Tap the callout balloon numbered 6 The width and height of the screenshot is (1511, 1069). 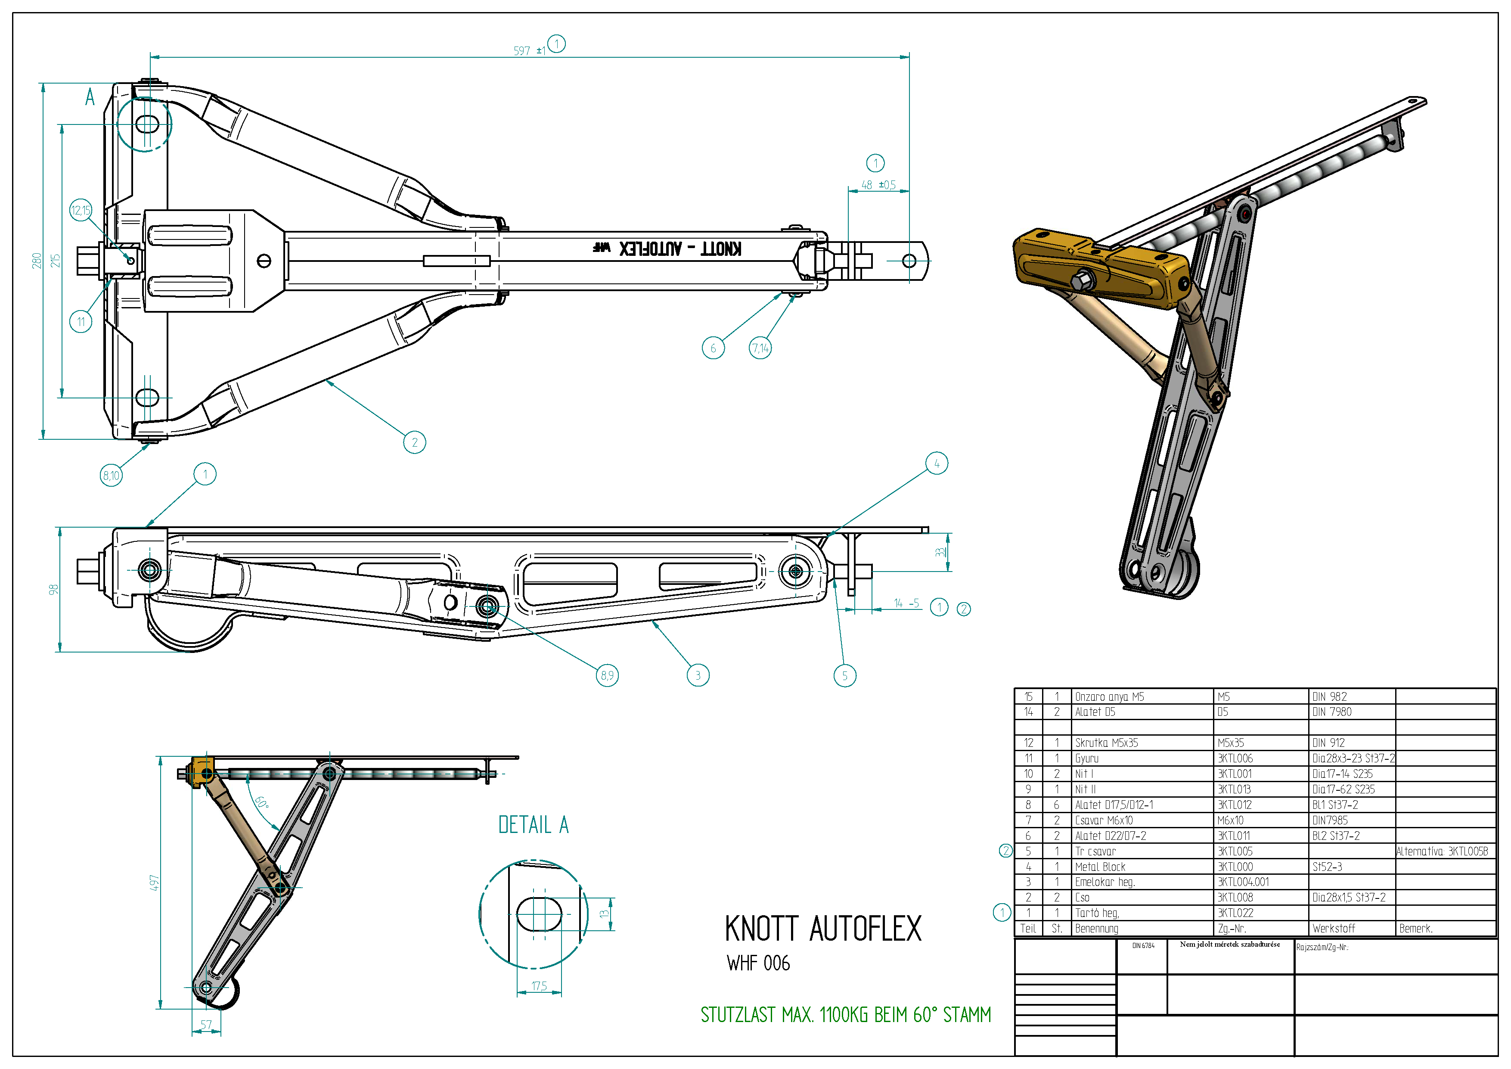point(713,348)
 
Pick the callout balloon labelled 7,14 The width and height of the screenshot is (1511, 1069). point(760,348)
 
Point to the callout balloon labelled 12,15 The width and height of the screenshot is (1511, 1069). point(81,211)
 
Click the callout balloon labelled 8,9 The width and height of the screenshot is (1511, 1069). point(607,675)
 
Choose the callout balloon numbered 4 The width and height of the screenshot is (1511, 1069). point(937,463)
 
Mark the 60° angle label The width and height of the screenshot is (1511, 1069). point(262,803)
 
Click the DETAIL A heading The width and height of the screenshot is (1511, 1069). point(533,825)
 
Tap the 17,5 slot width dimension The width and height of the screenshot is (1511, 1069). point(539,986)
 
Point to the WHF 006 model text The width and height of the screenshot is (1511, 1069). point(758,963)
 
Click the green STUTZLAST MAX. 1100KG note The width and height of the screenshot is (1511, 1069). point(846,1015)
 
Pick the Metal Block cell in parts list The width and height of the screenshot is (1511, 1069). point(1100,867)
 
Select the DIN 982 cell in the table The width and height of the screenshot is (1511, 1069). point(1329,696)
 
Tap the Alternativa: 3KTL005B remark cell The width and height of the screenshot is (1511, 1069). point(1442,851)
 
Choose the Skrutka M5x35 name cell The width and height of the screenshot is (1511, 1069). point(1106,743)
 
